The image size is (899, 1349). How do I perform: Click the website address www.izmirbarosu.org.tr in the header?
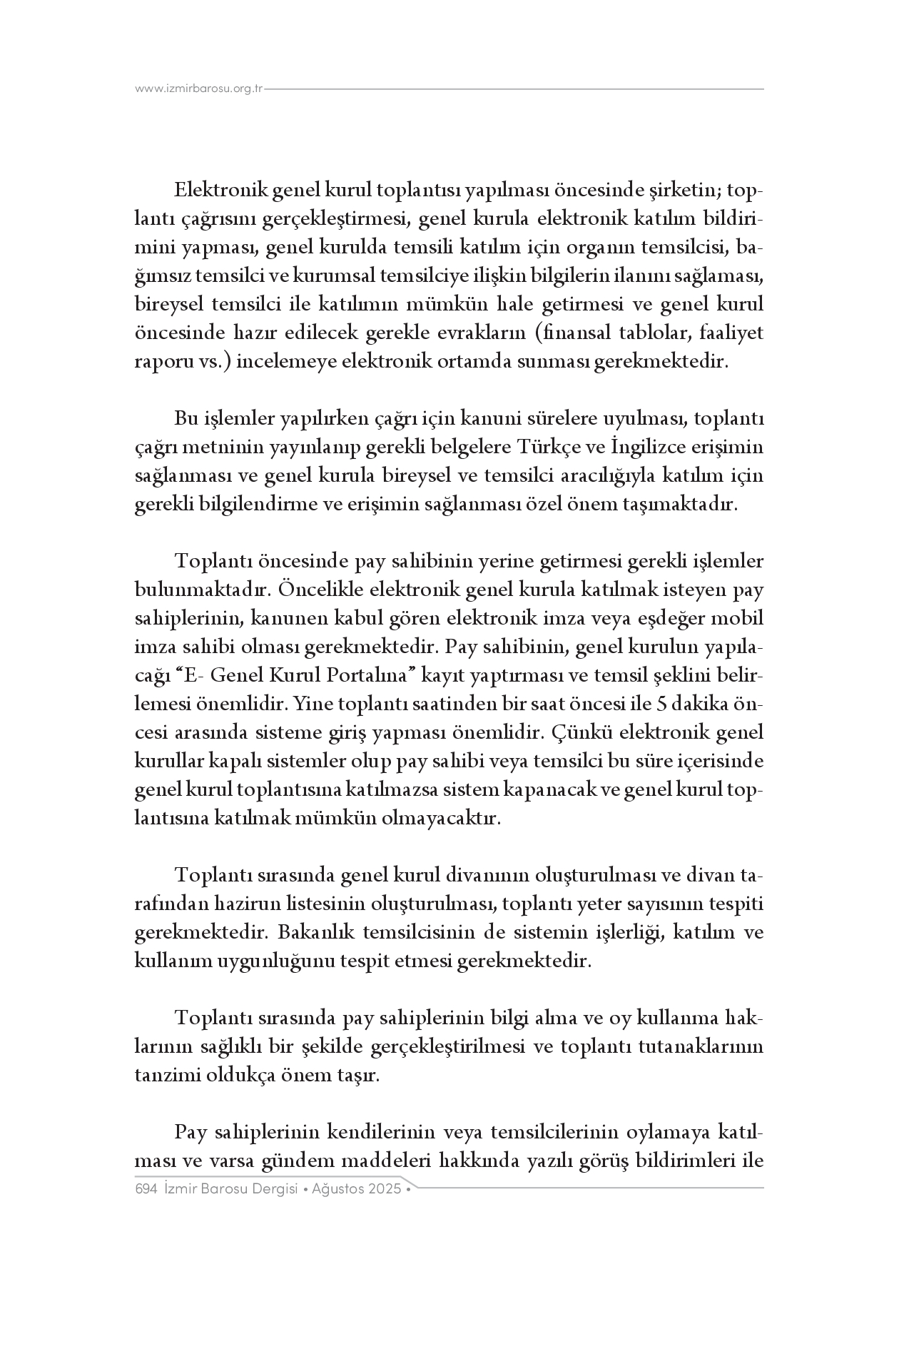coord(199,89)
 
